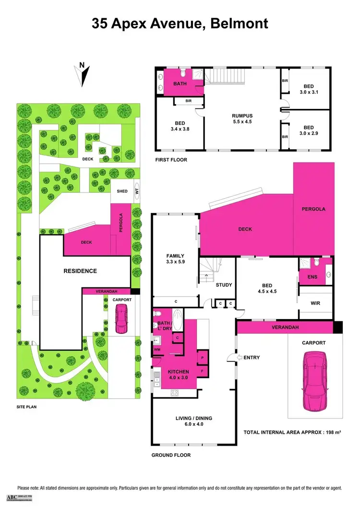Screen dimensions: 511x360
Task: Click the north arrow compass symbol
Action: (83, 75)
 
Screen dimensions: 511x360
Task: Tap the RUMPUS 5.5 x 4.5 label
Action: (242, 119)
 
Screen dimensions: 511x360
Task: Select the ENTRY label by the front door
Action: (252, 357)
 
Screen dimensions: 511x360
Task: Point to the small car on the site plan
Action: (120, 321)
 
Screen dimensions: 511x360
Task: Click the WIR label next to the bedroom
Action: (315, 303)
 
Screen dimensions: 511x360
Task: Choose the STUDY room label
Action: (224, 285)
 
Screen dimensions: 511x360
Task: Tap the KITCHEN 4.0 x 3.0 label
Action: (178, 375)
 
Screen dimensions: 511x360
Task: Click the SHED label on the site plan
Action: (122, 191)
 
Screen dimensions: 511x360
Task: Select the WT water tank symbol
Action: (136, 191)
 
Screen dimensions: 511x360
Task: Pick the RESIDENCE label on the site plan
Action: (80, 271)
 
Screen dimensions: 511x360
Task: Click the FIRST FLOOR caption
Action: (171, 160)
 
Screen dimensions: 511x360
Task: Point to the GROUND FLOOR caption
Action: (171, 455)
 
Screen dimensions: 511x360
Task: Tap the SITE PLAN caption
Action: (27, 406)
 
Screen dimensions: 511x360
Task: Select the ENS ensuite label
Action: (305, 277)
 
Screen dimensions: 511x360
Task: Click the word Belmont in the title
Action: (239, 23)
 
